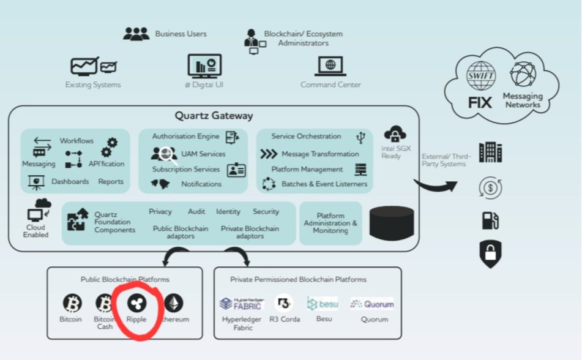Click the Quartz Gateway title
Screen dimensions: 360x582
coord(214,116)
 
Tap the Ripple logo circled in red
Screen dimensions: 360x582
coord(136,303)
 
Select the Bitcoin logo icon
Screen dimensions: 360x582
coord(72,303)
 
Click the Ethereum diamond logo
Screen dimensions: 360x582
coord(174,303)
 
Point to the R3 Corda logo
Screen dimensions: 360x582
coord(283,303)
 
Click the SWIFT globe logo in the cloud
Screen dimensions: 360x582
coord(480,75)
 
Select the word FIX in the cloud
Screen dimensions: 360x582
coord(480,102)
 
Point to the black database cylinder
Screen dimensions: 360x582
coord(392,222)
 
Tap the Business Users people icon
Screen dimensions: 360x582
coord(136,34)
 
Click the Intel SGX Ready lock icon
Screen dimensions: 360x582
coord(395,135)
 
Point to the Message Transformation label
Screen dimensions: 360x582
coord(320,154)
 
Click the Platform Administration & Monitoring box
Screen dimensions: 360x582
coord(330,223)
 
